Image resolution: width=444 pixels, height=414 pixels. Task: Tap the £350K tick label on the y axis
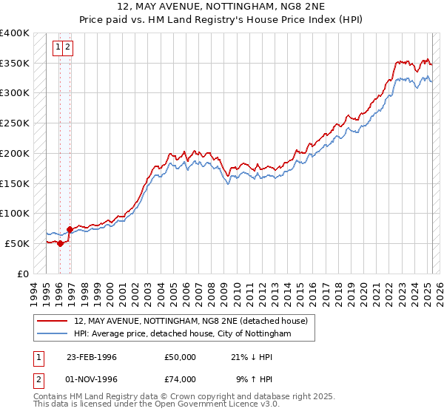[15, 64]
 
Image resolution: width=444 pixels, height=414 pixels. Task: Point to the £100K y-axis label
[15, 213]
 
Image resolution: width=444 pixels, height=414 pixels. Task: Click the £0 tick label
[23, 274]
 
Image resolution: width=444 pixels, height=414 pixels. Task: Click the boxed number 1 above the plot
[58, 49]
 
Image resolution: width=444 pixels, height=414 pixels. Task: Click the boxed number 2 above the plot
[67, 49]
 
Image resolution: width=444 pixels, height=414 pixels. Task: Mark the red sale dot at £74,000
[69, 229]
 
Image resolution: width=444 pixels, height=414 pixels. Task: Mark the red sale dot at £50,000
[60, 243]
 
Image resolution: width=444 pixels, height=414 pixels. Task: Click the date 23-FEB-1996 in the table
[92, 357]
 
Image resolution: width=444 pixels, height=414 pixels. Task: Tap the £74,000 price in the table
[181, 379]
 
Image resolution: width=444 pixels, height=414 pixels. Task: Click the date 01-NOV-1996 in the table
[92, 379]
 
